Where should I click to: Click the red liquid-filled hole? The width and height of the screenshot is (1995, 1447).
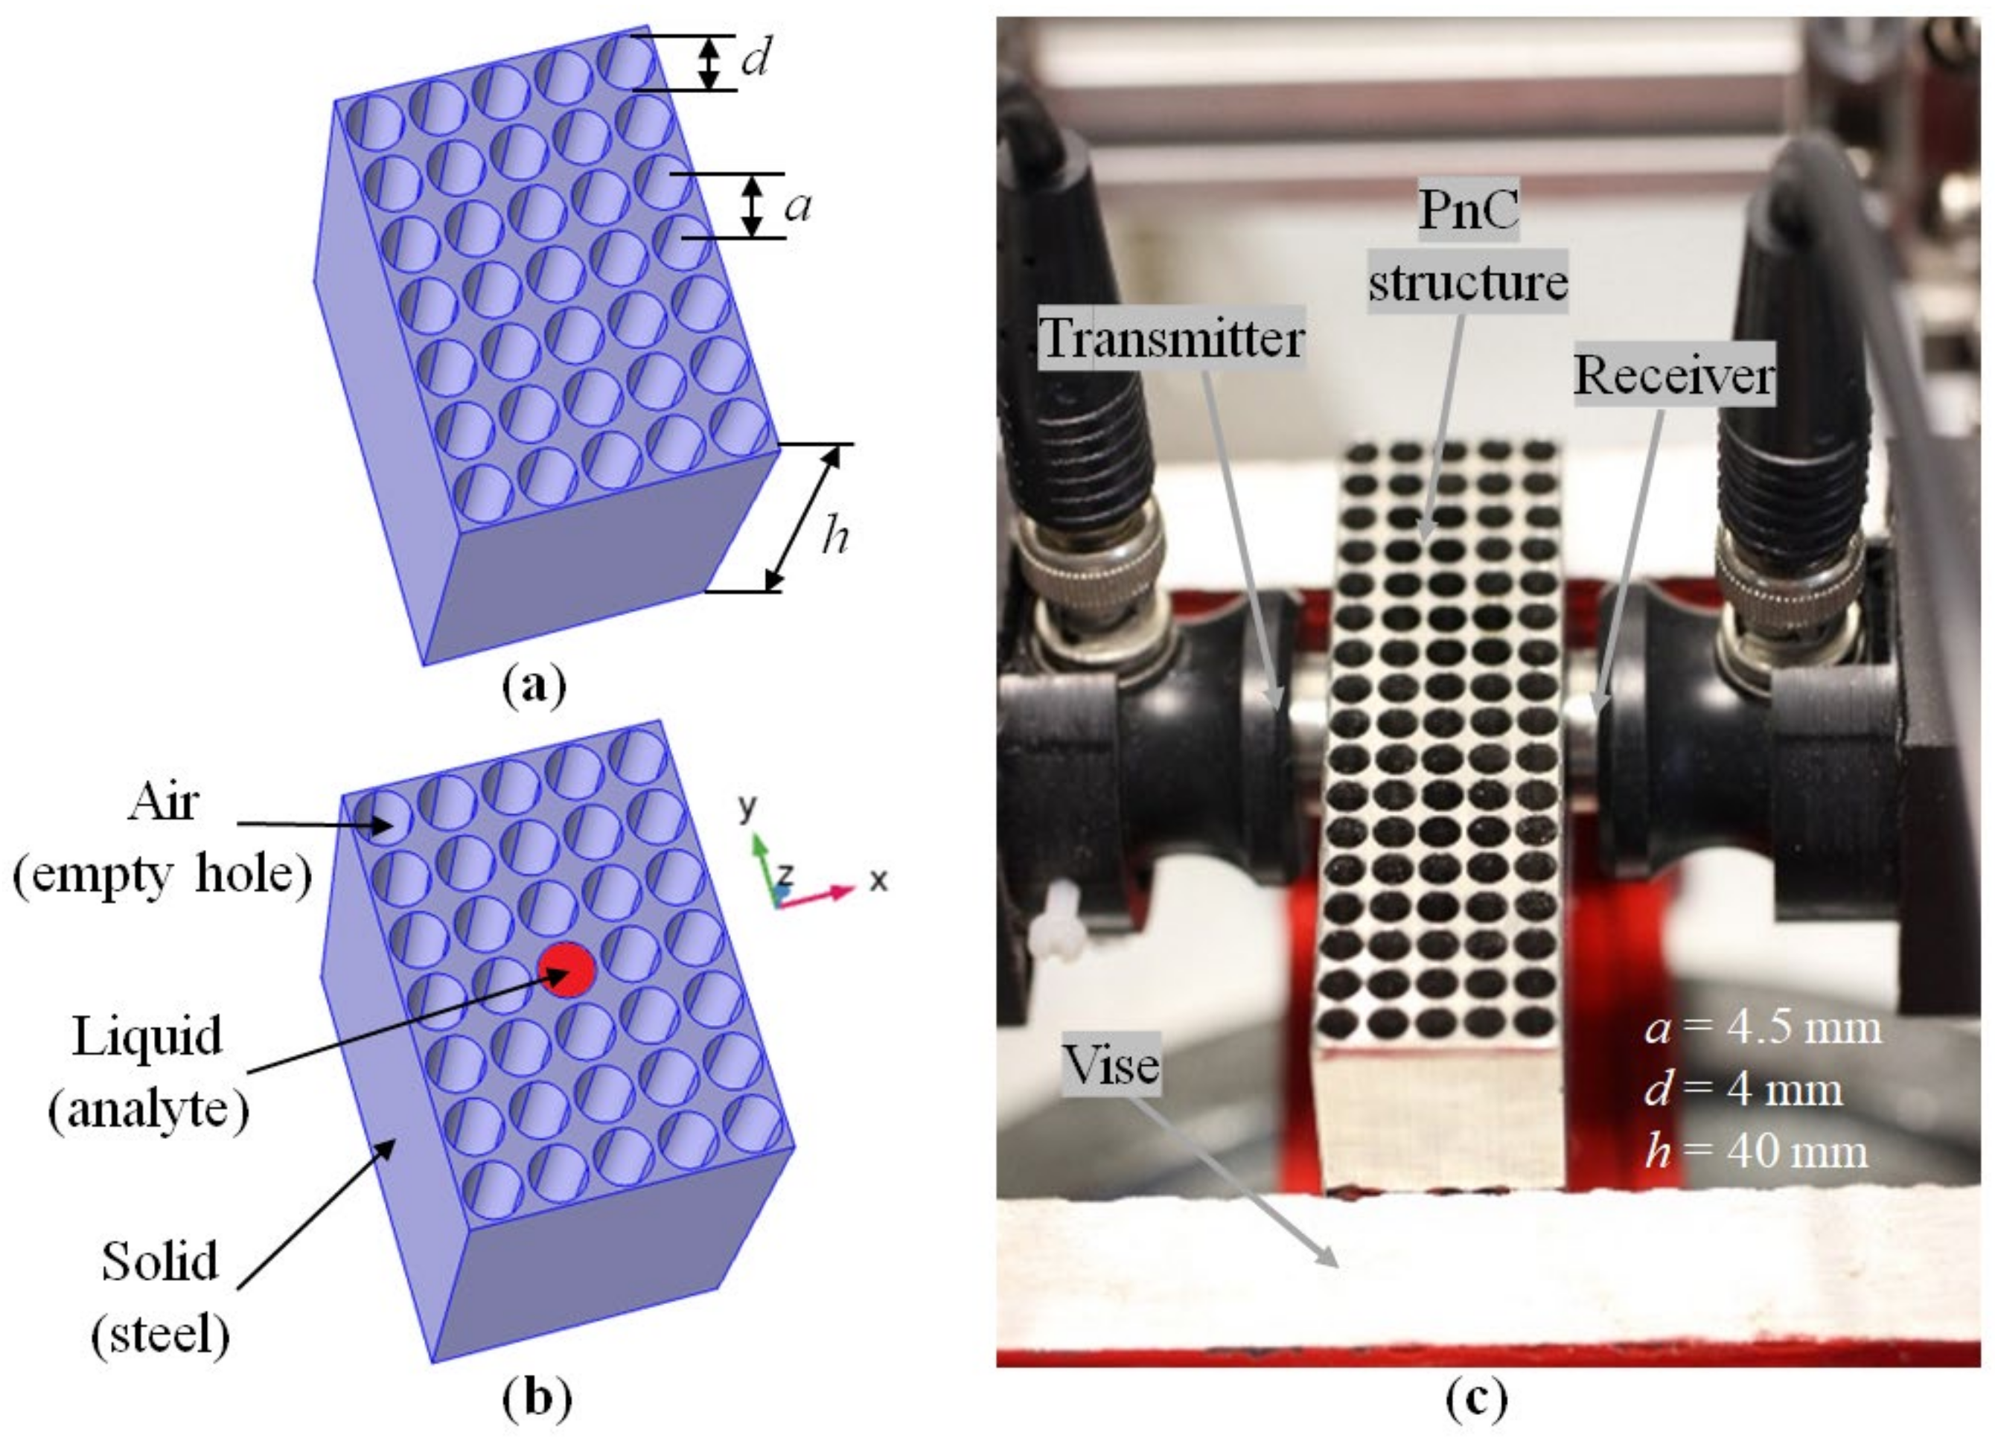567,968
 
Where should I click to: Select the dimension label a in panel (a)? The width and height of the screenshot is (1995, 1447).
797,207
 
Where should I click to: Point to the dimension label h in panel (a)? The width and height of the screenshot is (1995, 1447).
834,534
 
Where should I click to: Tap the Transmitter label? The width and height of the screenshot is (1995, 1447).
1171,338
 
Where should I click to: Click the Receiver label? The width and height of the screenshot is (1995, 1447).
1674,376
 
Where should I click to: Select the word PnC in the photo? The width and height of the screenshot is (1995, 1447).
1469,211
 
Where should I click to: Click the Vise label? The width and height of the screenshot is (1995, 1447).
1111,1065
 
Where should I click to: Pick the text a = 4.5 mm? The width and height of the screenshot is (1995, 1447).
1763,1028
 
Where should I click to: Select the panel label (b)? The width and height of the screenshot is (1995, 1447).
537,1399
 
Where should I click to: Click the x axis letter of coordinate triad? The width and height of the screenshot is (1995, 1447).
878,880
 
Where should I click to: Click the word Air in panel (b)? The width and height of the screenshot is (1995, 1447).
164,802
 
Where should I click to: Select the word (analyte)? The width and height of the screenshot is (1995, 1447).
149,1110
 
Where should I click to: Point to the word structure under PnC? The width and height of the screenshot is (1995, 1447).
1467,284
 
